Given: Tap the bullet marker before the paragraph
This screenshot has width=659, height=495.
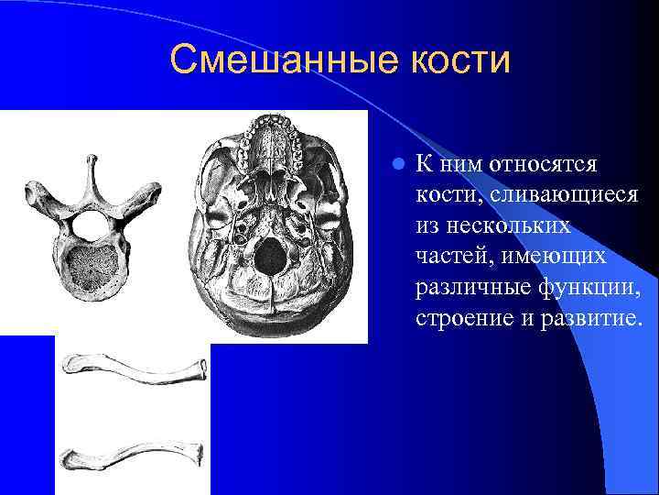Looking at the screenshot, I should tap(396, 165).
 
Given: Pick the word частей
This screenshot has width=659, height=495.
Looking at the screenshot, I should tap(447, 257).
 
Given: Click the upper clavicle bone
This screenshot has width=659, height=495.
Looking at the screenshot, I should tap(134, 368).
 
